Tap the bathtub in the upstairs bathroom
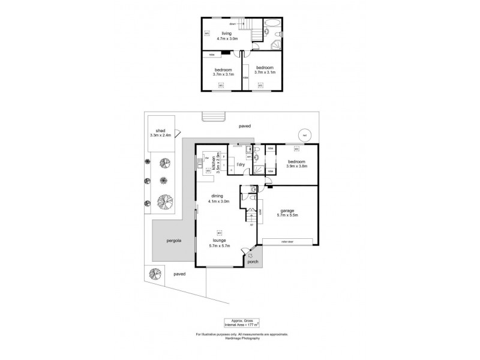271,26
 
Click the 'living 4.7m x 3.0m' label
226,35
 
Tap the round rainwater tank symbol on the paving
305,135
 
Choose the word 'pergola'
173,241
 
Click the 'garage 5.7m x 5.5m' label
290,212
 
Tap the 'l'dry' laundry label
241,164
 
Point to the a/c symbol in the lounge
219,233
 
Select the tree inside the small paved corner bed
156,274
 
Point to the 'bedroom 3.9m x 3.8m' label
296,164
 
